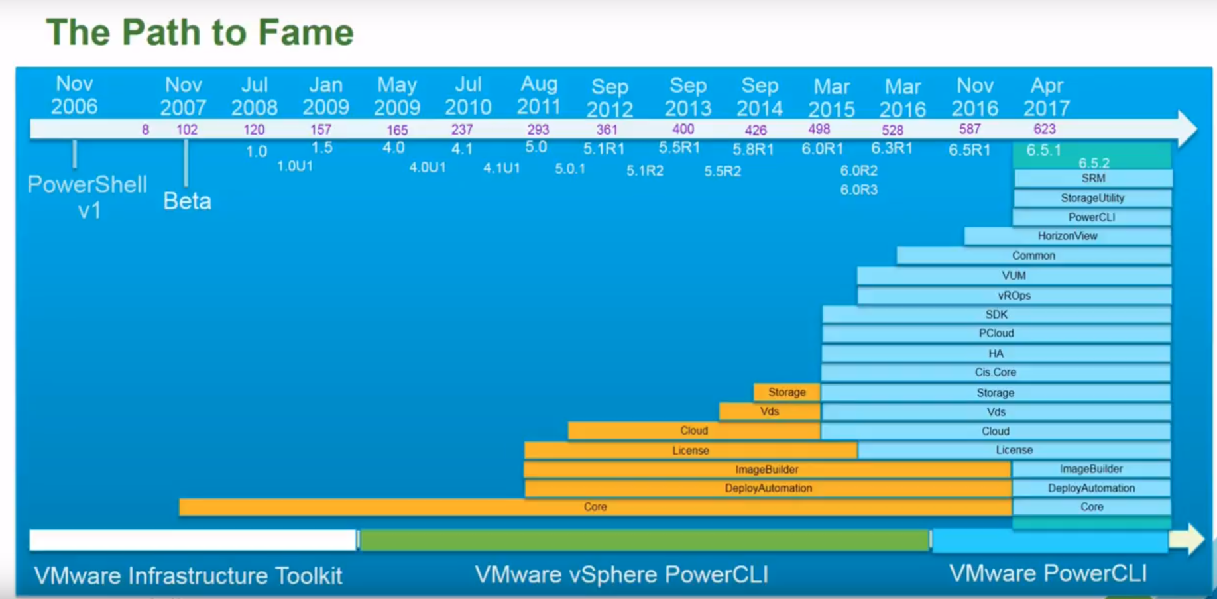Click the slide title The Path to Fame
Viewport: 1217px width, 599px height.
pos(200,32)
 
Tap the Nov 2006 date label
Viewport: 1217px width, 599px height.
pos(74,95)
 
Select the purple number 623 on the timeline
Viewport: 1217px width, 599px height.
pos(1045,129)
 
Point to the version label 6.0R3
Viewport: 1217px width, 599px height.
pos(858,190)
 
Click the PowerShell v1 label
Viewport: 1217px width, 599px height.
pos(87,197)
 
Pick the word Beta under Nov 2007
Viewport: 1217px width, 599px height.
pos(187,201)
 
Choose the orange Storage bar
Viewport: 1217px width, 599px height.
pos(787,392)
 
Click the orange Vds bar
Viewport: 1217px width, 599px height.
pos(770,411)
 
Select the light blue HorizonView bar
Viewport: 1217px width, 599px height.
pos(1067,236)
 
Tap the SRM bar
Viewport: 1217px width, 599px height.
pos(1093,178)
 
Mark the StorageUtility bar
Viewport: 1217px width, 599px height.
pos(1092,198)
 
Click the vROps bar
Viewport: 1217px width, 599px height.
pos(1014,296)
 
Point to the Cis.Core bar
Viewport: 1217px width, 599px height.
pos(996,372)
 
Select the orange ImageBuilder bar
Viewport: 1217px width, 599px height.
pos(767,470)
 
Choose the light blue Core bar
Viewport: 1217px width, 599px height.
pos(1092,507)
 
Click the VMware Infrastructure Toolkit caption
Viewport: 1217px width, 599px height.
pos(188,576)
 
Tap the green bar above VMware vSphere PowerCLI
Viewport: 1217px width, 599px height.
pos(644,540)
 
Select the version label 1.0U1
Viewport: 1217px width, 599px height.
pos(295,166)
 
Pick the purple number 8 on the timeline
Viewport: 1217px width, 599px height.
pos(145,129)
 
